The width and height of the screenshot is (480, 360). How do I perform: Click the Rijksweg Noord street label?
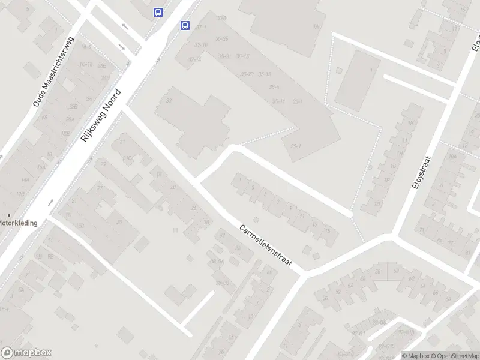click(101, 116)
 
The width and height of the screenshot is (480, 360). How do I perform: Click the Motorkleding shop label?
click(18, 223)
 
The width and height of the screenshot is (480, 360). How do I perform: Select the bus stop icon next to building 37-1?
click(185, 25)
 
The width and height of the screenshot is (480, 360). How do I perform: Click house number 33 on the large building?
click(169, 100)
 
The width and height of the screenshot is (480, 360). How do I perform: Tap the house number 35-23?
click(246, 74)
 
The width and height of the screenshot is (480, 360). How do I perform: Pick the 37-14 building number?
click(194, 59)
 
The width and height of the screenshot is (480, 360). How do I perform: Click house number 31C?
click(127, 158)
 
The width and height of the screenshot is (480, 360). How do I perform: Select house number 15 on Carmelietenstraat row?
click(327, 230)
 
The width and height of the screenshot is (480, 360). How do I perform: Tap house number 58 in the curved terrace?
click(378, 272)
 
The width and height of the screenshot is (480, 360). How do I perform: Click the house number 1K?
click(411, 123)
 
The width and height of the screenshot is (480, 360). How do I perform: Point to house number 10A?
click(452, 157)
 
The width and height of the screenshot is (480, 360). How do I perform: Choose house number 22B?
click(73, 106)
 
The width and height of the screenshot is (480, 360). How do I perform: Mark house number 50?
click(325, 298)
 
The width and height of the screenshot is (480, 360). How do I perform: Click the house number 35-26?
click(222, 38)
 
